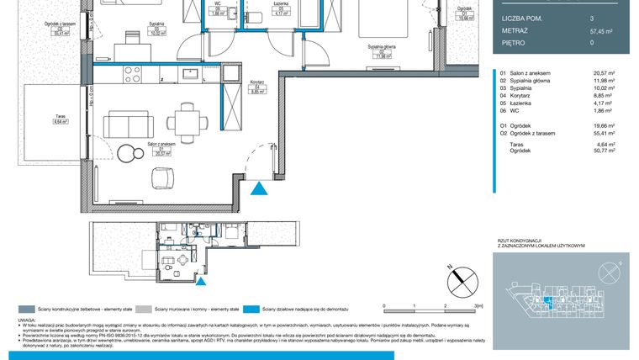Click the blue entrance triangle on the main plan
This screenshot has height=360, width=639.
coord(262,190)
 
